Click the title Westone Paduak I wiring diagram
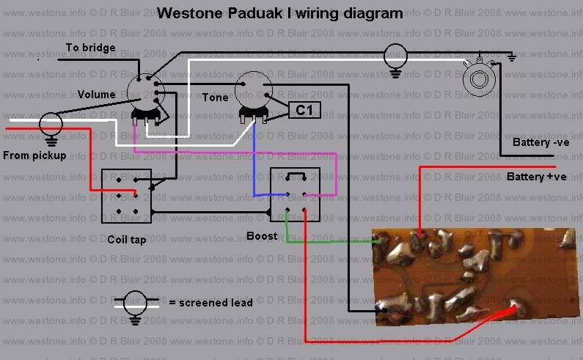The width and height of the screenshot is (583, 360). tap(280, 13)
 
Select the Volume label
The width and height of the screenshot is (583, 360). tap(97, 94)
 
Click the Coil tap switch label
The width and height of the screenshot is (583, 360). tap(127, 239)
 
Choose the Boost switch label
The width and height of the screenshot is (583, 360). tap(262, 236)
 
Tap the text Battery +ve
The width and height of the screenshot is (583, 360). tap(537, 177)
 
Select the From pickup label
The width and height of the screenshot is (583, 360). tap(34, 155)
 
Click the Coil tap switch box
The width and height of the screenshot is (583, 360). tap(126, 196)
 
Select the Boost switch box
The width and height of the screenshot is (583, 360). tap(295, 194)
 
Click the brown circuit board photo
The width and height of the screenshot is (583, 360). tap(477, 275)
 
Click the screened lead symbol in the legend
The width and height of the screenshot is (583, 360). tap(136, 304)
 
